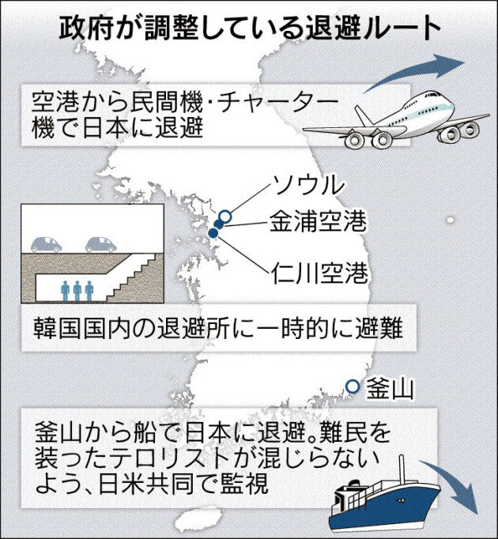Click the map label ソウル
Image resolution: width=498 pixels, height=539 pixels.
(x=308, y=185)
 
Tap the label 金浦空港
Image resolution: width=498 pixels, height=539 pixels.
(x=318, y=221)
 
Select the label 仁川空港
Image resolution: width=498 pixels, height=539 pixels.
(x=319, y=273)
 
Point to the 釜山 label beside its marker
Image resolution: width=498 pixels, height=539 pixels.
(x=390, y=388)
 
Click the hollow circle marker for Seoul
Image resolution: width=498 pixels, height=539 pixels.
(x=225, y=217)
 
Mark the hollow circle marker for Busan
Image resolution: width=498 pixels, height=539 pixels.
(x=353, y=386)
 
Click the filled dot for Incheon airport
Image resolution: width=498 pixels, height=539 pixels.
(x=213, y=233)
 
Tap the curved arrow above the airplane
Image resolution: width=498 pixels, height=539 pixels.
(x=413, y=71)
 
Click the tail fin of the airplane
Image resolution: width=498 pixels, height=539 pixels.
(x=363, y=115)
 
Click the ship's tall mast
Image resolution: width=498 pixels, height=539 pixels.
(x=402, y=469)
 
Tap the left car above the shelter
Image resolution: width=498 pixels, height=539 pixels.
(x=47, y=244)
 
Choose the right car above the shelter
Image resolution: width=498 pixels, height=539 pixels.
(x=100, y=244)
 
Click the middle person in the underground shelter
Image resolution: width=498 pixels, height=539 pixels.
(x=77, y=291)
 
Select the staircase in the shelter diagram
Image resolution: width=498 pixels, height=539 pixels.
(x=133, y=277)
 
